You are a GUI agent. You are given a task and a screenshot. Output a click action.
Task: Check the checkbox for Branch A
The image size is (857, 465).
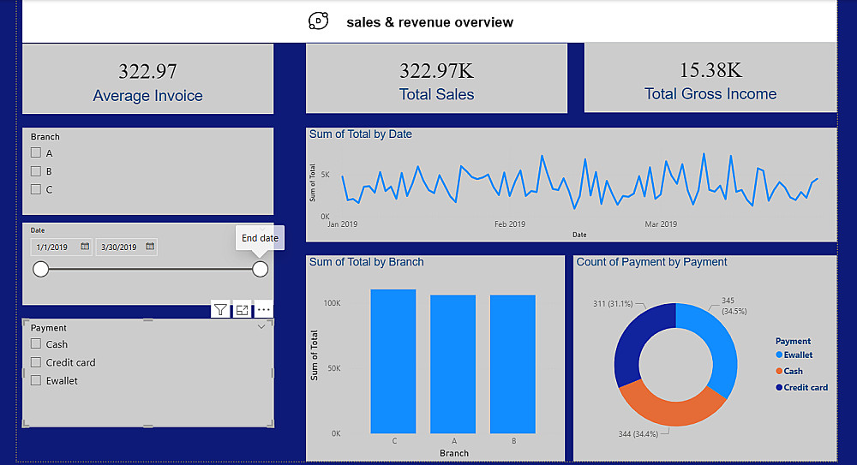36,153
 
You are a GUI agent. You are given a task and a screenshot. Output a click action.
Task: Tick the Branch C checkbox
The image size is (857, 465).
36,189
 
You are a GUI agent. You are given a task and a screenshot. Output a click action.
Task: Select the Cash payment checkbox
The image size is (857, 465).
36,344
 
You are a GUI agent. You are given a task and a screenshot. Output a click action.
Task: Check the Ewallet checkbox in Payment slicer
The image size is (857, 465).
36,380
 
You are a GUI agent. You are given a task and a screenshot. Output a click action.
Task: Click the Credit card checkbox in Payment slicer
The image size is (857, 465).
36,362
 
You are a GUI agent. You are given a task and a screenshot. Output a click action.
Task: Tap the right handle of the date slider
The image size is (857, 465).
260,270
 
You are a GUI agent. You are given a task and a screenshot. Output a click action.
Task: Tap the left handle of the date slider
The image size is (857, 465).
40,270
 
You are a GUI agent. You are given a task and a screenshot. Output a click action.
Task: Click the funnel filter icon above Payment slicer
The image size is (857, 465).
220,310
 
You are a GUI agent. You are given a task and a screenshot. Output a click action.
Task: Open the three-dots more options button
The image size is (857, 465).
263,310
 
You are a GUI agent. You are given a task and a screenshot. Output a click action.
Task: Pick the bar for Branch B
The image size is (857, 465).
512,364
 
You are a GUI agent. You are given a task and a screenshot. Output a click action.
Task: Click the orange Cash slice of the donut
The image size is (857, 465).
667,406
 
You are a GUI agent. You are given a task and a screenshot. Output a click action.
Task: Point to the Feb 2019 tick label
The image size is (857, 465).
510,224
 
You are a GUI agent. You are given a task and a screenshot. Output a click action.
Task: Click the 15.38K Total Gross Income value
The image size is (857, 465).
710,69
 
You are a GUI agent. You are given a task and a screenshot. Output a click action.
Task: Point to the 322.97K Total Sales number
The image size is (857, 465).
436,70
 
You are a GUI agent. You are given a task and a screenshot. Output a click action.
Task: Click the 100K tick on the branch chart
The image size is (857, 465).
333,303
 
